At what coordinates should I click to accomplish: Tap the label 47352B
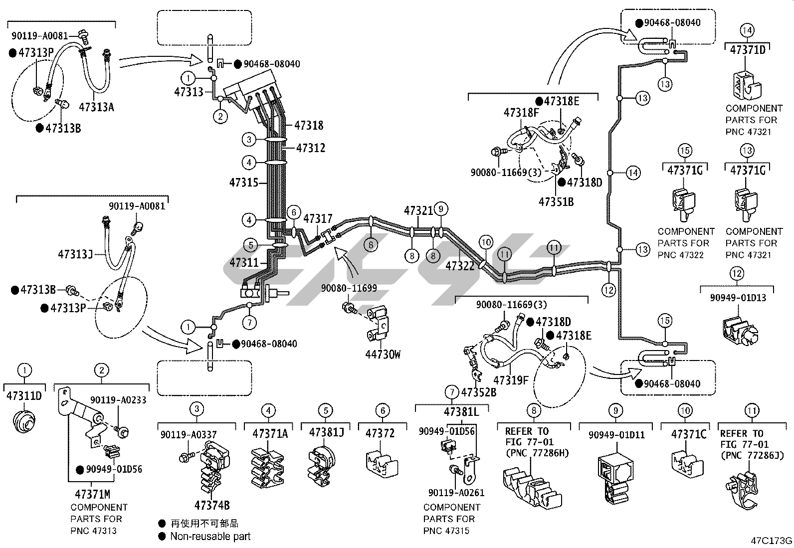coord(479,392)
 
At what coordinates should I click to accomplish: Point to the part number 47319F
coord(511,380)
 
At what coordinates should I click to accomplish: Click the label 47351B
coord(556,201)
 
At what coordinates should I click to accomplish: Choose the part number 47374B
coord(212,505)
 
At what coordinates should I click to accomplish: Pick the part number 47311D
coord(24,396)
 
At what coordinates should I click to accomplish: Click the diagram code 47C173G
coord(772,541)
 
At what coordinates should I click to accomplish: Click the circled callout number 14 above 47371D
coord(747,30)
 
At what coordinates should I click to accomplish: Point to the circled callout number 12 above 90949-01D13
coord(737,273)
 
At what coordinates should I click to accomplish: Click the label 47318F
coord(521,112)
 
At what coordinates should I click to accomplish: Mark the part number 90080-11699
coord(349,288)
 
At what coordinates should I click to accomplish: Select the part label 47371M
coord(92,494)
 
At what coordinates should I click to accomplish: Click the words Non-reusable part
coord(210,537)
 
